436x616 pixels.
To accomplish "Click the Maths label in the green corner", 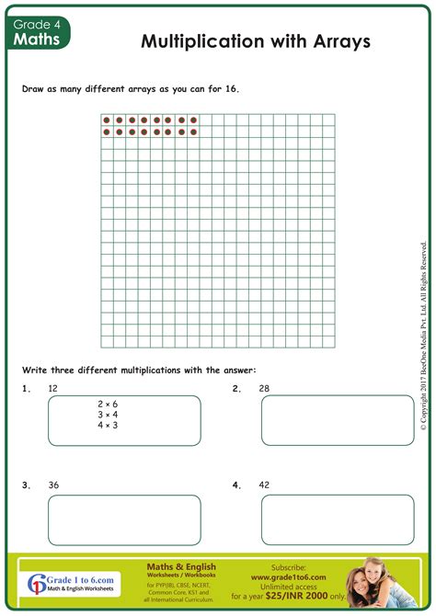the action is [x=37, y=40].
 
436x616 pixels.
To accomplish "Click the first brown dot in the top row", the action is [x=107, y=120].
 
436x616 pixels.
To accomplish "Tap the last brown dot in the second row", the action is [x=193, y=132].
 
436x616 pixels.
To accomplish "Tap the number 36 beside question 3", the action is [x=53, y=485].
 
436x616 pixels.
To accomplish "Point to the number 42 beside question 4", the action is [x=264, y=485].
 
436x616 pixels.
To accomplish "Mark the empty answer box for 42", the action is [x=338, y=519].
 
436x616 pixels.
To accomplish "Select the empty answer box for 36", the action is [x=124, y=519].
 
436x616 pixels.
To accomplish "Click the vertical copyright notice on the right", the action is [x=423, y=336].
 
